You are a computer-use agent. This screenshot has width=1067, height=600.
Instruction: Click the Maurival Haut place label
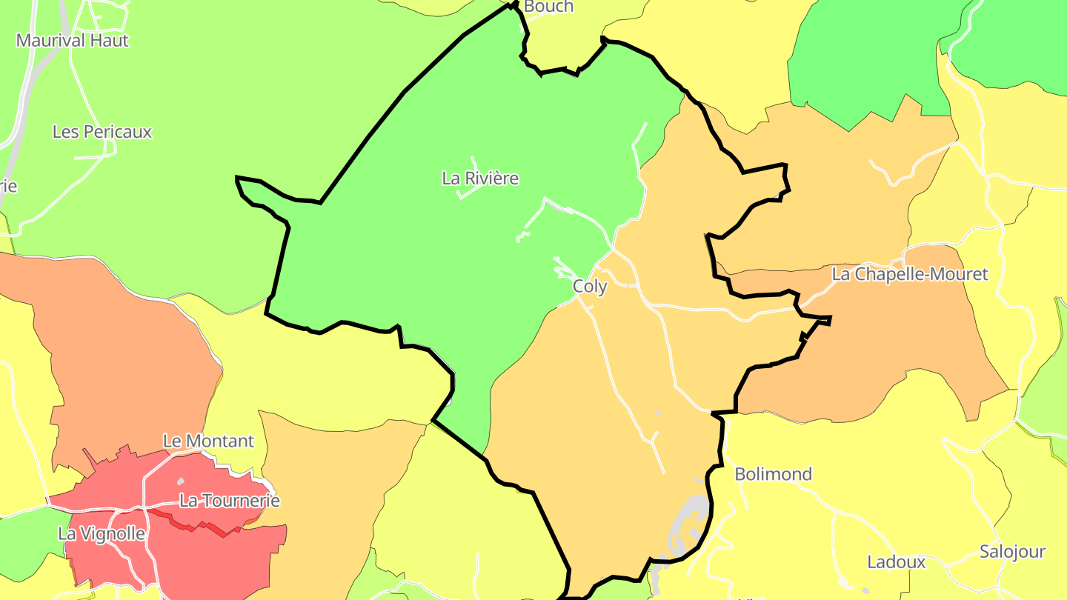pos(73,41)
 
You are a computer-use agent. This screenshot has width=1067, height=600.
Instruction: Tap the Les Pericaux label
pos(102,132)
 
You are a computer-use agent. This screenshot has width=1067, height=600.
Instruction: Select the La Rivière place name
pos(480,179)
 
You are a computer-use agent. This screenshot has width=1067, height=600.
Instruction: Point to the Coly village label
pos(590,287)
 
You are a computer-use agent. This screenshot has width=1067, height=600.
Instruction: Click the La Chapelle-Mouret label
pos(909,274)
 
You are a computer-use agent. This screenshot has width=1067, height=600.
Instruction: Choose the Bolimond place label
pos(773,474)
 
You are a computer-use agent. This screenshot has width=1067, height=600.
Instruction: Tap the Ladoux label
pos(896,562)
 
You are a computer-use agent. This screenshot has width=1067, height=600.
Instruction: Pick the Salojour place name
pos(1011,552)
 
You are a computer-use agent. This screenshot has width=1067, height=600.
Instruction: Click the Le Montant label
pos(208,441)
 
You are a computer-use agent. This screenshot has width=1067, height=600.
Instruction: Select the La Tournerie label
pos(230,501)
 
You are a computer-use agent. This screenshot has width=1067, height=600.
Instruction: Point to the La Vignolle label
pos(102,533)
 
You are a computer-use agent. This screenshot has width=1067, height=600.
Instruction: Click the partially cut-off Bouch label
pos(548,7)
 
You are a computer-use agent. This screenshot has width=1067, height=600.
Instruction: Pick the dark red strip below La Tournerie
pos(200,527)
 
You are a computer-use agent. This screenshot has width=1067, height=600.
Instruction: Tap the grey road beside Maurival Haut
pos(22,111)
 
